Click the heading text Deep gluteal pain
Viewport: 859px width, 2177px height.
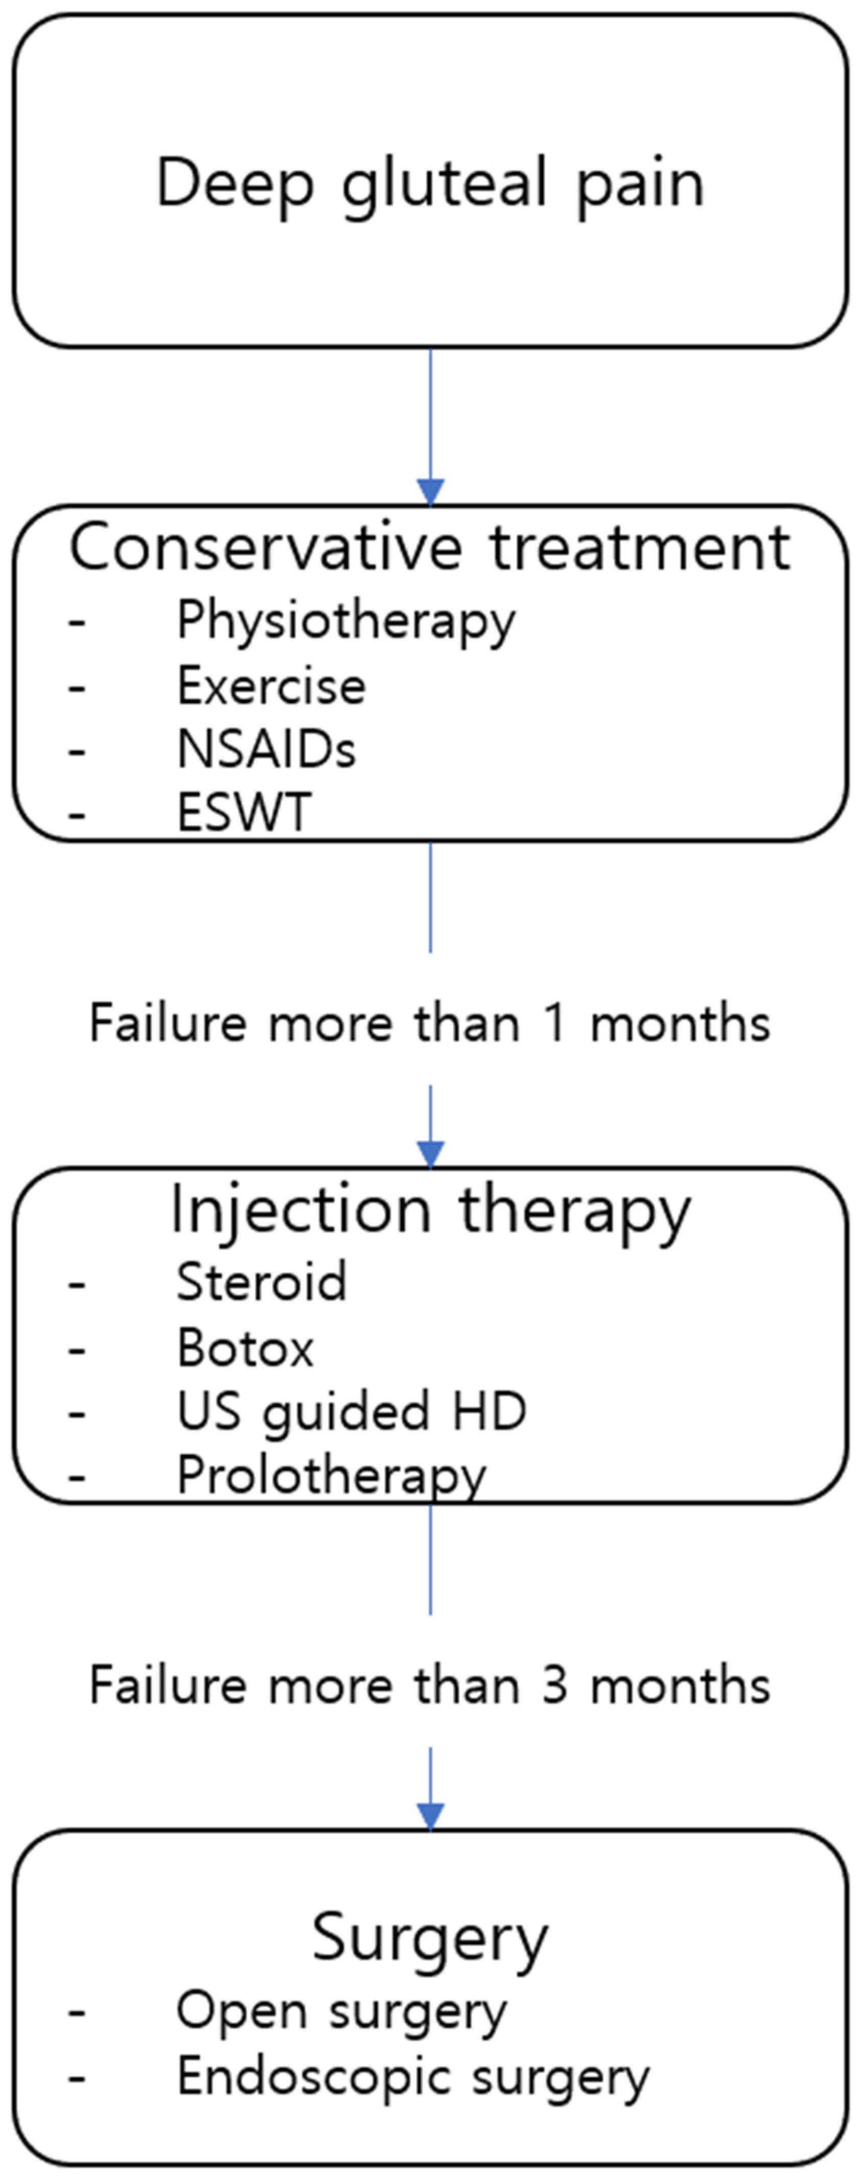tap(430, 183)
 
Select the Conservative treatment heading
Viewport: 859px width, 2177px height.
tap(430, 548)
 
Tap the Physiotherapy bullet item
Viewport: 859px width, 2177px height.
tap(345, 621)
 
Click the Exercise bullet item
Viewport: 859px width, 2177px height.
tap(271, 685)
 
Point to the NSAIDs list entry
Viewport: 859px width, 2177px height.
tap(266, 749)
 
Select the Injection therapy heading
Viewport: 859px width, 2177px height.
tap(430, 1210)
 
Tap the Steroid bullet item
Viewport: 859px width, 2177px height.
tap(261, 1282)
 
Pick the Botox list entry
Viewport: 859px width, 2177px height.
tap(245, 1347)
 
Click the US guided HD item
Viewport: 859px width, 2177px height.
tap(351, 1411)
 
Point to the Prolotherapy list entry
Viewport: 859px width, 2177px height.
tap(331, 1476)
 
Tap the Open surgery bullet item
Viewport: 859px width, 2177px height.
tap(341, 2011)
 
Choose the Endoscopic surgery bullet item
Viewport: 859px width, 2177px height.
tap(413, 2076)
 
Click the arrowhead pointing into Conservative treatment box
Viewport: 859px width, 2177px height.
tap(430, 492)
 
